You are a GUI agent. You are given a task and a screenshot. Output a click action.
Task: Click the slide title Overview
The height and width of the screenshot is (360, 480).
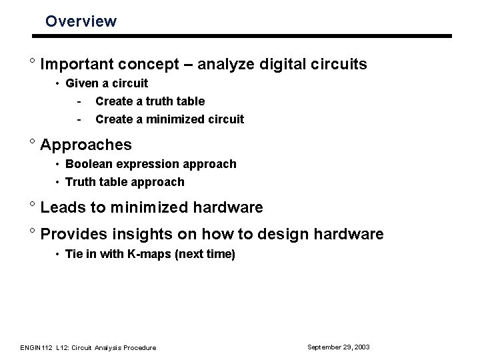click(81, 21)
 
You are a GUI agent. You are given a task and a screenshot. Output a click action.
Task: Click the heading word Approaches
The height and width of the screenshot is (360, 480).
click(85, 145)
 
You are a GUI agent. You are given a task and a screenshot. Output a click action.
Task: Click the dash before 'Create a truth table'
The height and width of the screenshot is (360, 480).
click(79, 101)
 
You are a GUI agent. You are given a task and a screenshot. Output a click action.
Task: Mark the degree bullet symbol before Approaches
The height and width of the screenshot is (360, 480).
click(31, 143)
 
